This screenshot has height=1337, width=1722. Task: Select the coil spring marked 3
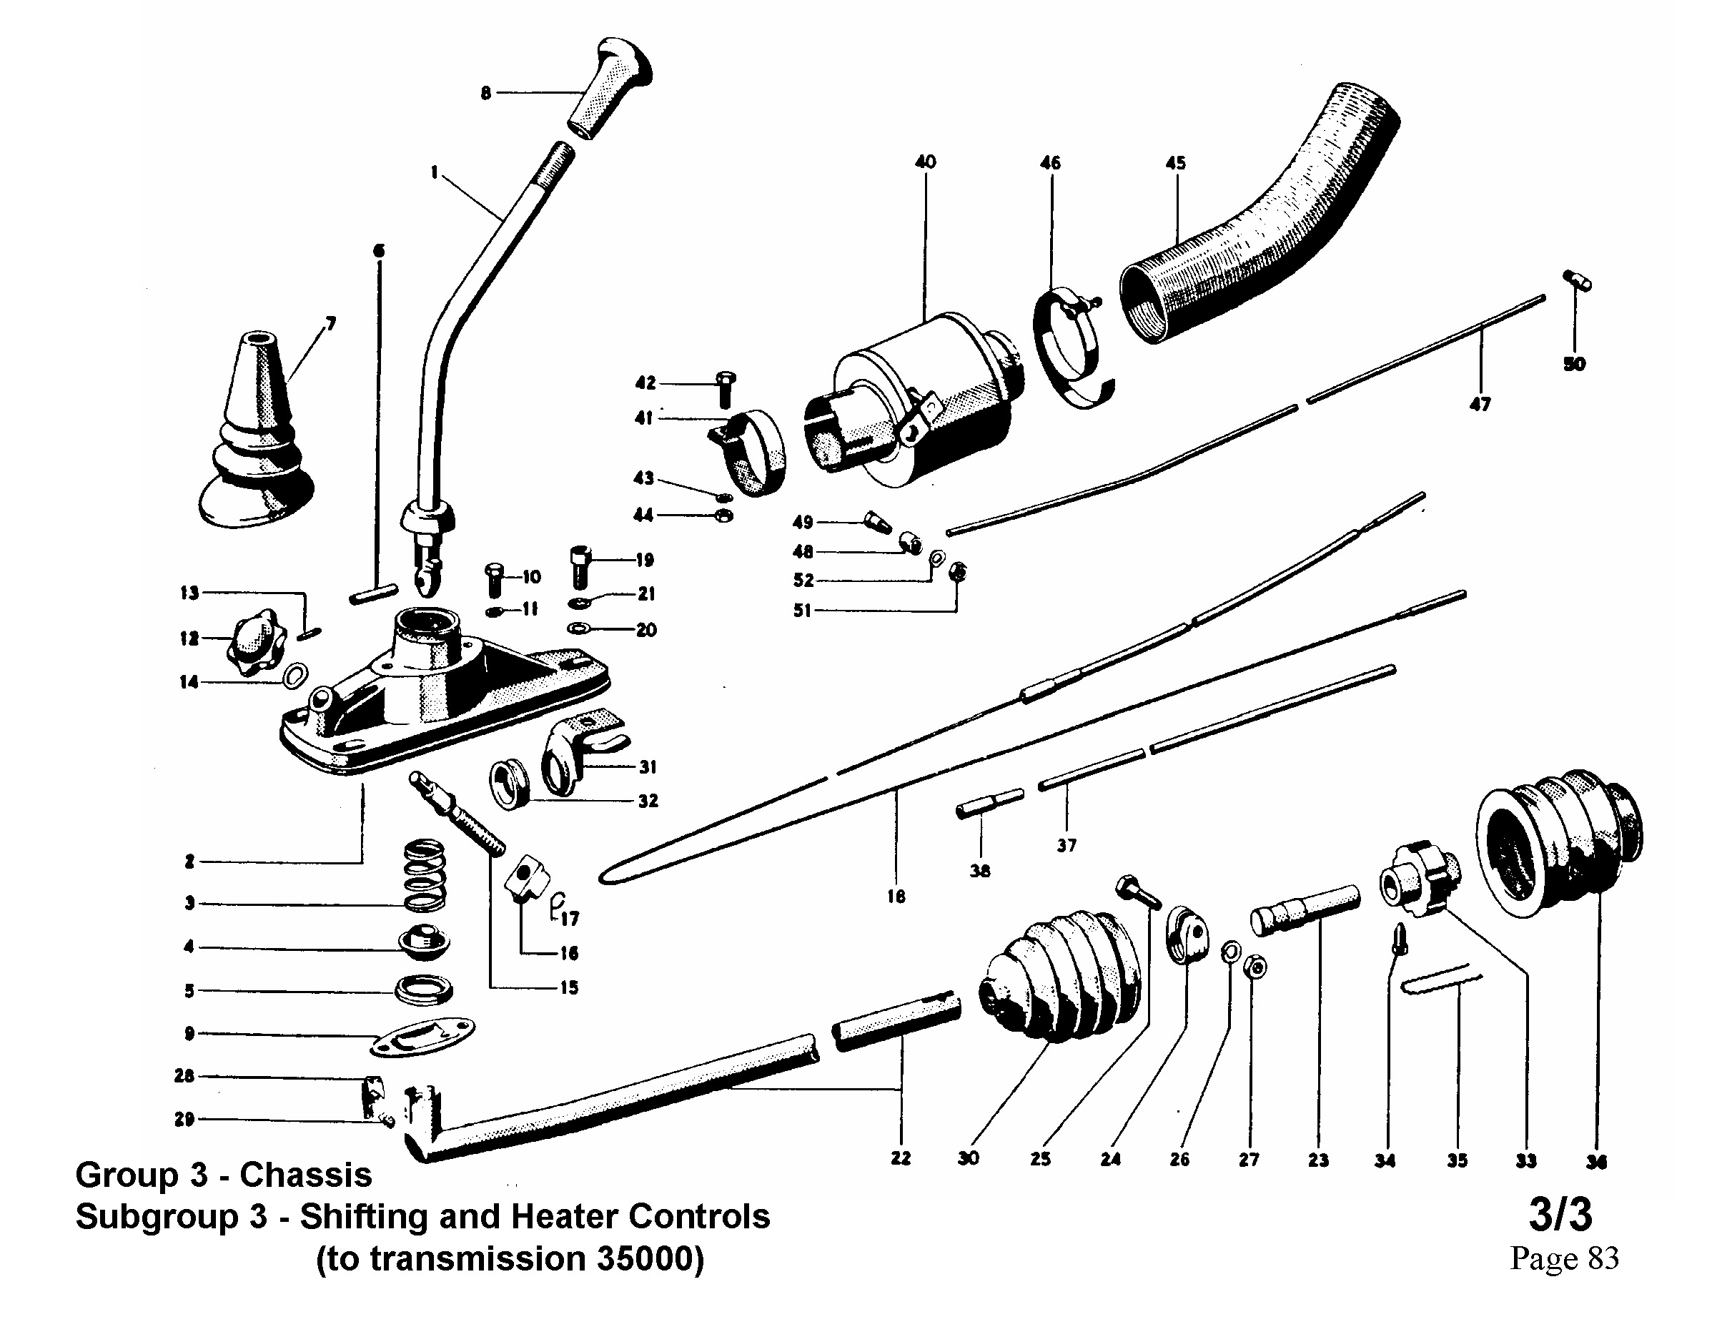(x=425, y=876)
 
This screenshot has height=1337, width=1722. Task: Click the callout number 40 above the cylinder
(x=925, y=162)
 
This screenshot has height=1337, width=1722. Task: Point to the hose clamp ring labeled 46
(x=1069, y=347)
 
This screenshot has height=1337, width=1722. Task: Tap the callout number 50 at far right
(x=1574, y=364)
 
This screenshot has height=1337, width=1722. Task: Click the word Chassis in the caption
(x=305, y=1175)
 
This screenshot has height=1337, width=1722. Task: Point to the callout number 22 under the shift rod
(x=901, y=1158)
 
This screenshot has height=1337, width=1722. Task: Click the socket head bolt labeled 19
(x=580, y=566)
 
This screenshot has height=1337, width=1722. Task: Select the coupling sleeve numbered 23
(x=1305, y=911)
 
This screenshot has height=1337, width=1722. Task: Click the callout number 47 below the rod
(x=1480, y=404)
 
